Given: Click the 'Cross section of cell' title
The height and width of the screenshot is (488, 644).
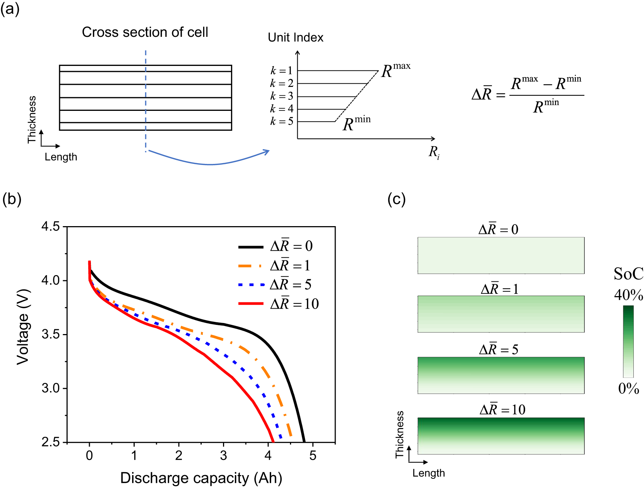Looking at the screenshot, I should (145, 32).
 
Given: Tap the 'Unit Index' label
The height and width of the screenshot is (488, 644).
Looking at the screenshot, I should (296, 38).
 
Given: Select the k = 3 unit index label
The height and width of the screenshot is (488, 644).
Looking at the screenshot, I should (282, 96).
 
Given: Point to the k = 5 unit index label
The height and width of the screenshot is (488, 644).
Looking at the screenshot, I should (282, 121).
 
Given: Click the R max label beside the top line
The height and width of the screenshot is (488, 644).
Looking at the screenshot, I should (396, 70).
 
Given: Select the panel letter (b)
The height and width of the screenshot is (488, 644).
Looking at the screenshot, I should (12, 199).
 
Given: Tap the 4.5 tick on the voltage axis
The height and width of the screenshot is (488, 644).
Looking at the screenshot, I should (50, 227).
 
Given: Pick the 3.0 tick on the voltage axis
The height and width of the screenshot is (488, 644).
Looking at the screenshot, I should (50, 388).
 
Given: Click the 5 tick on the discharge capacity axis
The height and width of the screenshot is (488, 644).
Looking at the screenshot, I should (313, 456).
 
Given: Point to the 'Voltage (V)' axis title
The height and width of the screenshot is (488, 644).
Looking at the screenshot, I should (23, 327).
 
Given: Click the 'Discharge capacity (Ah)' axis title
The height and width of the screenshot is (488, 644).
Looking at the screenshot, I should (201, 478).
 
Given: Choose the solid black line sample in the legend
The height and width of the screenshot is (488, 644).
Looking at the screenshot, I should (251, 247).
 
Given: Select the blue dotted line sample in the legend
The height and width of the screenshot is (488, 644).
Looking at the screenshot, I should (251, 285).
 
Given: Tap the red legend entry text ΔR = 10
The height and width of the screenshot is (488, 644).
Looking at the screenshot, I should (294, 304).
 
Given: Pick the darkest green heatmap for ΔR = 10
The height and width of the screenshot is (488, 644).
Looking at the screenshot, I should (501, 436).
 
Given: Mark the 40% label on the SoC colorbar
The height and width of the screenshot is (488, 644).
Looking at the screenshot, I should (629, 295).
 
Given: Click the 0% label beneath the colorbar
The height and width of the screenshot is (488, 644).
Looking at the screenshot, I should (629, 389).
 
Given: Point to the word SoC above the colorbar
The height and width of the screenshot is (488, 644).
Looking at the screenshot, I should (629, 274).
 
